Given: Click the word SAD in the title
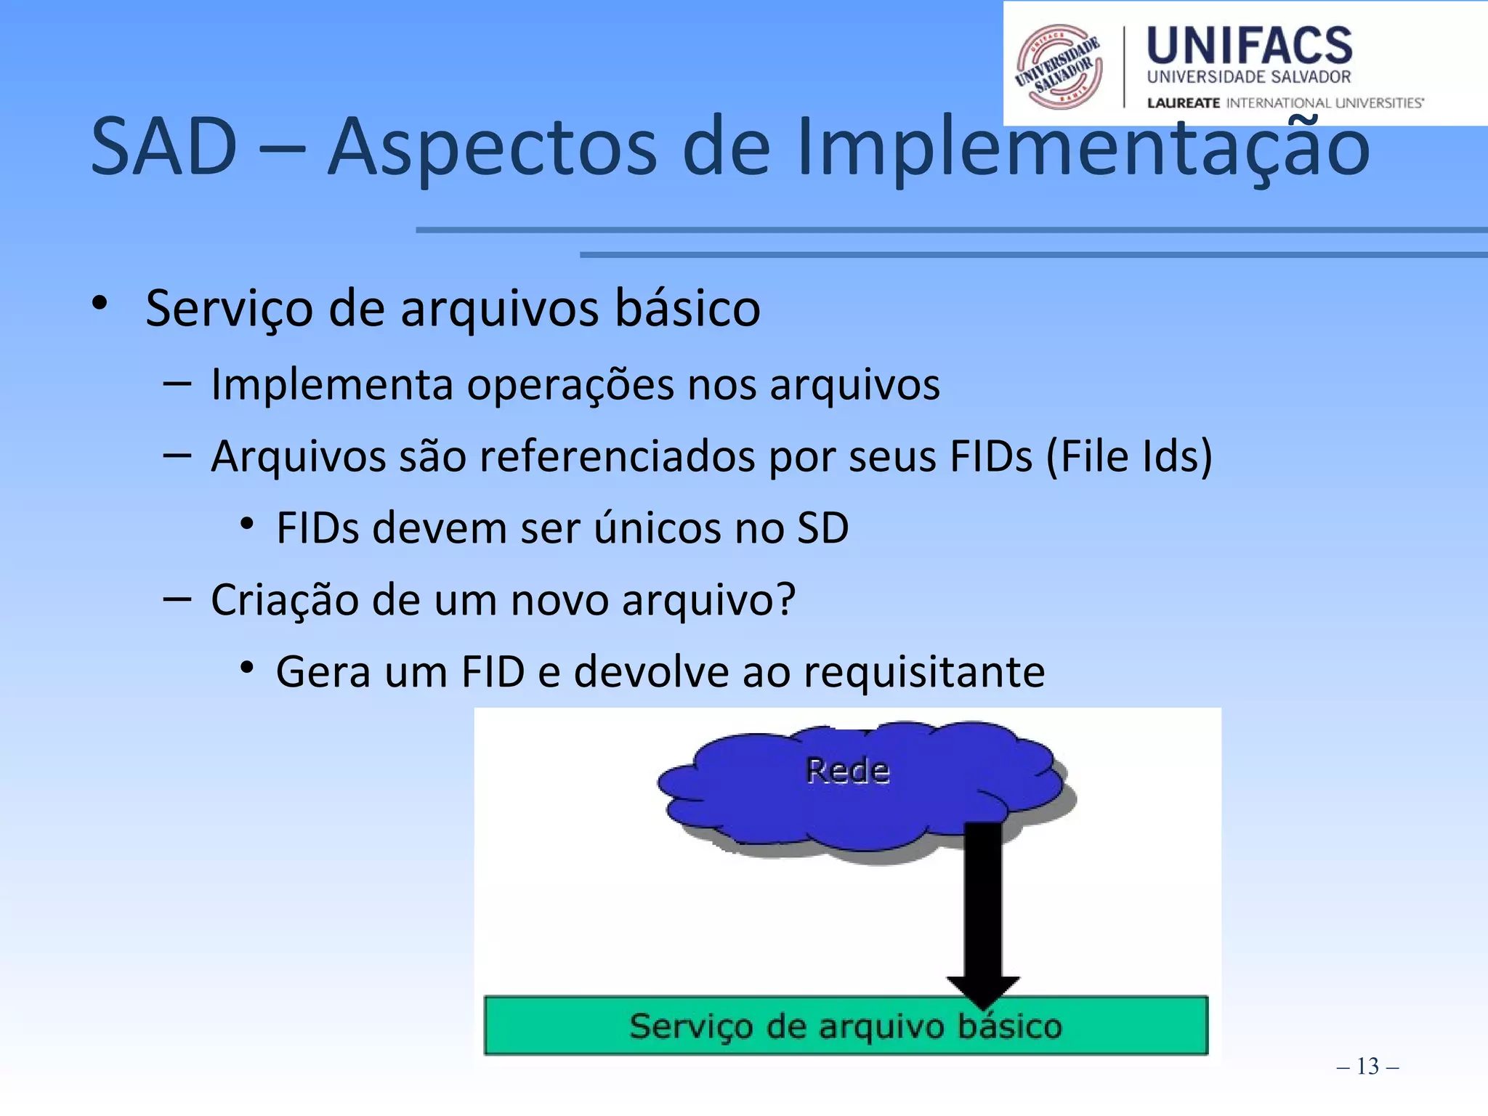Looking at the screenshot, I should [x=164, y=147].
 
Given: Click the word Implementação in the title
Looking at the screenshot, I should [x=1083, y=147].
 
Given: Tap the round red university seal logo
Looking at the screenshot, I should [x=1059, y=67].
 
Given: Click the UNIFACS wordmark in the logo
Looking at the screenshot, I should [x=1249, y=45].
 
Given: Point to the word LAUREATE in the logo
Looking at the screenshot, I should [x=1183, y=103].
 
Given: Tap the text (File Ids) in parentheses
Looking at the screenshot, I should [x=1129, y=456].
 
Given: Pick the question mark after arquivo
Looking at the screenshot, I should [x=785, y=599].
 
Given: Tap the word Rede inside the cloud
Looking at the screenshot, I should [x=847, y=771].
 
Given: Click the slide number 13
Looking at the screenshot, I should [x=1367, y=1066].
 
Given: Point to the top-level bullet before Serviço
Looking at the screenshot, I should [x=100, y=303].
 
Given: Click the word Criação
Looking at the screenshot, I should [x=284, y=600].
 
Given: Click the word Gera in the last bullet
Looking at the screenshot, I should [x=323, y=671].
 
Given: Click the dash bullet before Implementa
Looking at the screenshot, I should [x=177, y=383].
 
